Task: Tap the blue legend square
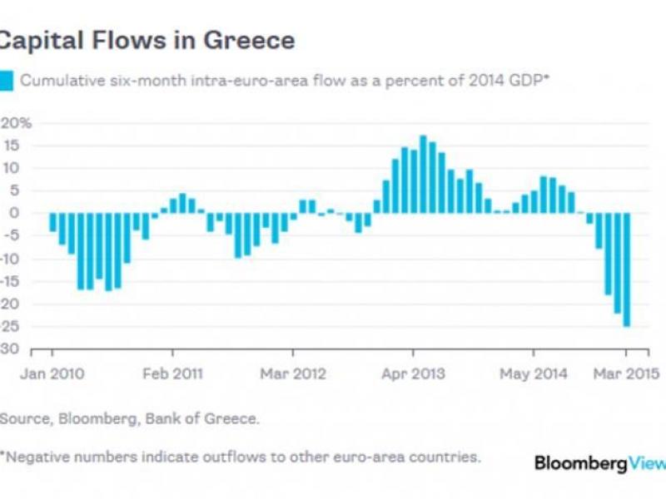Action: pos(7,81)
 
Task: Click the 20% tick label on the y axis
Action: pos(17,123)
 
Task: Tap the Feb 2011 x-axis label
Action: pos(172,374)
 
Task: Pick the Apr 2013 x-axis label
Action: pos(412,374)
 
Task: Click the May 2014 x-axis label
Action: pos(533,374)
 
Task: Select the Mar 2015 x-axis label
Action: pos(626,374)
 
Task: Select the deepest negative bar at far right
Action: pos(626,269)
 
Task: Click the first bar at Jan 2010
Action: pos(52,222)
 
